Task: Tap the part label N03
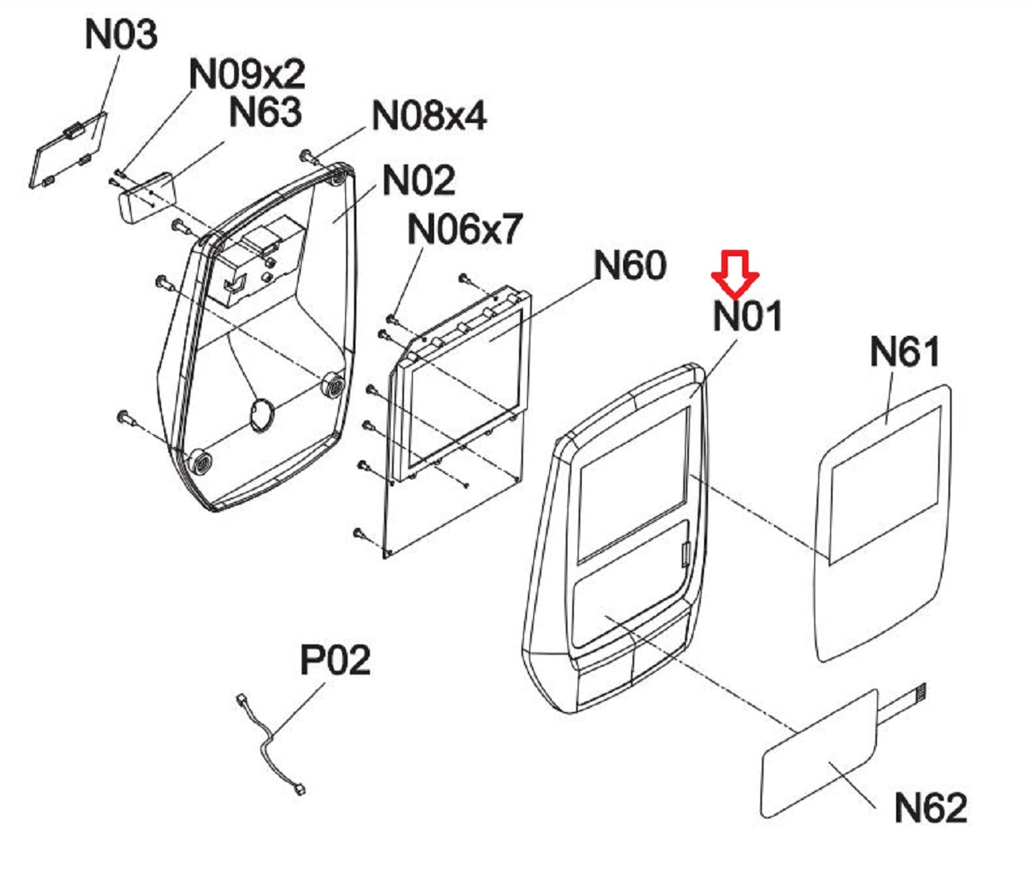[121, 36]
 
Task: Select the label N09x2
[247, 75]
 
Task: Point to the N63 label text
[265, 112]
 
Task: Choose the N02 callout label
[418, 180]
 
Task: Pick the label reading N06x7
[464, 229]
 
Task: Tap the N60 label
[630, 265]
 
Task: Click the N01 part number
[748, 316]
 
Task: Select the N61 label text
[904, 351]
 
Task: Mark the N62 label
[930, 808]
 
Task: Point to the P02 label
[335, 660]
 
